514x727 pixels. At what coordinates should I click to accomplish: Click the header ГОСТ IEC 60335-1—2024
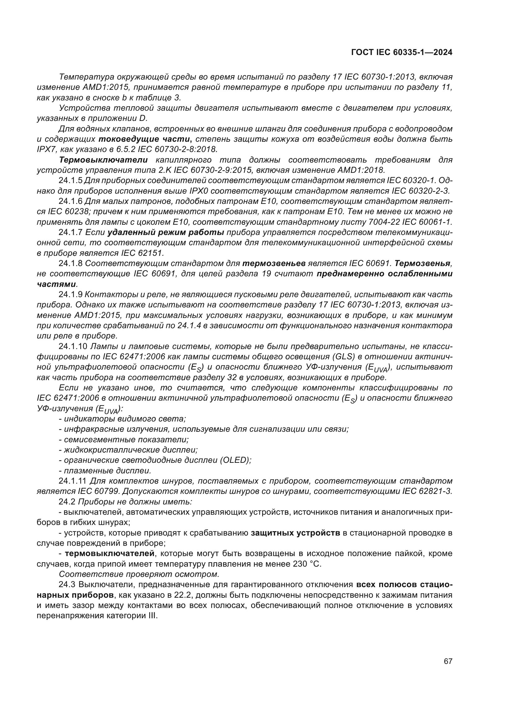point(402,52)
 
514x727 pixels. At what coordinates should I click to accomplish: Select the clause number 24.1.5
point(70,181)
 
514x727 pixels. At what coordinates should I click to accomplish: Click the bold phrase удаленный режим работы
point(166,232)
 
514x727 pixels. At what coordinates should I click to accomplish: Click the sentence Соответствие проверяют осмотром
point(139,574)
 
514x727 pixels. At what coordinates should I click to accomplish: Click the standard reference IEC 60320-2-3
point(421,191)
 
